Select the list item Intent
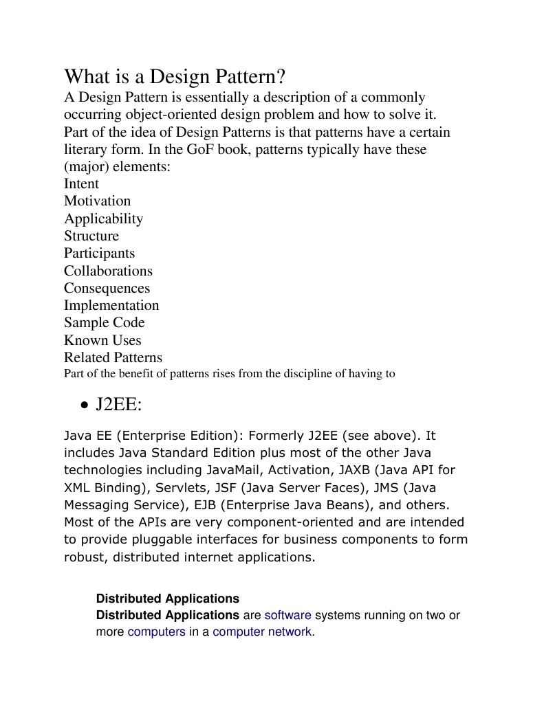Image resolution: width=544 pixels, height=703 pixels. (x=81, y=183)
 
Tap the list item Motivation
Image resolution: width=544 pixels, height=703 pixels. (x=97, y=201)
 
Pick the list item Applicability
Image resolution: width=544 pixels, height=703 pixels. (x=103, y=219)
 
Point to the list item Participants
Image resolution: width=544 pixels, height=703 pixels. (x=99, y=253)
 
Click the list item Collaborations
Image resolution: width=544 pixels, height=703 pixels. (x=108, y=271)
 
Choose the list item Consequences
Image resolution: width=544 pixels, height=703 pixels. (x=107, y=288)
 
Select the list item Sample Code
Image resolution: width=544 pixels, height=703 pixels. (x=104, y=322)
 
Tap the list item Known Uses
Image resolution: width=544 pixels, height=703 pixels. (x=102, y=340)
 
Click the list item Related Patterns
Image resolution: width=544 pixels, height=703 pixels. (x=113, y=357)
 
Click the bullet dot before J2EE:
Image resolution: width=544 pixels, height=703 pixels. (x=83, y=406)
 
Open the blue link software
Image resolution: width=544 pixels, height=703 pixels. (x=287, y=616)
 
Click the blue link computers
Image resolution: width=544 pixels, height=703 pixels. (x=156, y=632)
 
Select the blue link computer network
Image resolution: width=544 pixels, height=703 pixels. (x=262, y=632)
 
